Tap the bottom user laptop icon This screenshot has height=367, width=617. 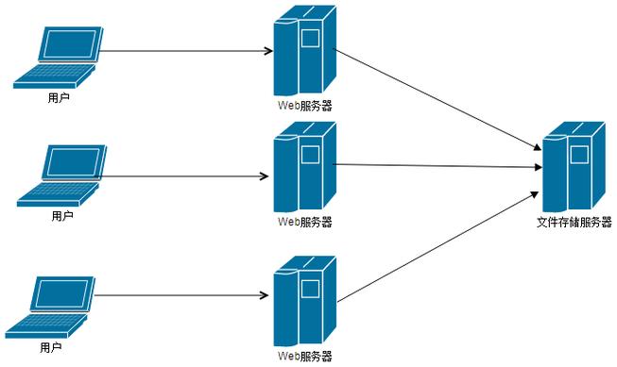[x=53, y=308]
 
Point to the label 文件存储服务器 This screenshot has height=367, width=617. [x=574, y=223]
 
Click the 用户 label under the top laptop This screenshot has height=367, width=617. [x=58, y=97]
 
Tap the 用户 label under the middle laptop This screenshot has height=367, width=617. [x=61, y=216]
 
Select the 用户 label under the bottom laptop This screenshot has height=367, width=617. [x=51, y=348]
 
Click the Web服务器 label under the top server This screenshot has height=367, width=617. [x=304, y=105]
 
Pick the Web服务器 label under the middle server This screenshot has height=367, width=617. [x=304, y=223]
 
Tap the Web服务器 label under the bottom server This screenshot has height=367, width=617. [x=304, y=356]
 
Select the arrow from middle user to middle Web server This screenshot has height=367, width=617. [x=184, y=176]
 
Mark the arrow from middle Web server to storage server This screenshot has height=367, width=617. [x=439, y=166]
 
